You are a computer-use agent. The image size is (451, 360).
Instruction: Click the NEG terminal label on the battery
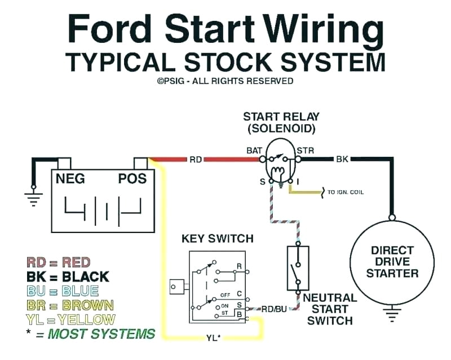(x=71, y=179)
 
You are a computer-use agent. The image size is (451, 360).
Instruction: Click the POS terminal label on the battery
(x=132, y=179)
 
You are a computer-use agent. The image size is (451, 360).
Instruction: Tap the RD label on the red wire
(x=195, y=160)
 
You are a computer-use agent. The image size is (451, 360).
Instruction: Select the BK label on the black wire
(x=342, y=160)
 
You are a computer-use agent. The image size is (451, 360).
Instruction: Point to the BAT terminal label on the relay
(x=254, y=151)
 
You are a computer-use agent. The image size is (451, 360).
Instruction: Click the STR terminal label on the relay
(x=304, y=151)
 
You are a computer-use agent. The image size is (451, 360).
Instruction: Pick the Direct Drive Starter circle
(x=392, y=262)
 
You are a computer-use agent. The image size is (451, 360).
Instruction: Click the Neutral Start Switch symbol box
(x=298, y=268)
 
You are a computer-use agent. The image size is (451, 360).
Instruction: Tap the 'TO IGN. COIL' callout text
(x=346, y=192)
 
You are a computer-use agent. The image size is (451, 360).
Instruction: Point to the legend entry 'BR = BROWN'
(x=70, y=305)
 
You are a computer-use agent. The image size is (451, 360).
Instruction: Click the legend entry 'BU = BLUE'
(x=63, y=291)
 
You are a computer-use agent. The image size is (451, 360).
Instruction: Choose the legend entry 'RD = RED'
(x=59, y=262)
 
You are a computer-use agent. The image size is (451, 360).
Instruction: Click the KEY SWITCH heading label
(x=217, y=239)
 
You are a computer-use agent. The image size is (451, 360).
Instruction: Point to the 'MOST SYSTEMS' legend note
(x=101, y=334)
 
